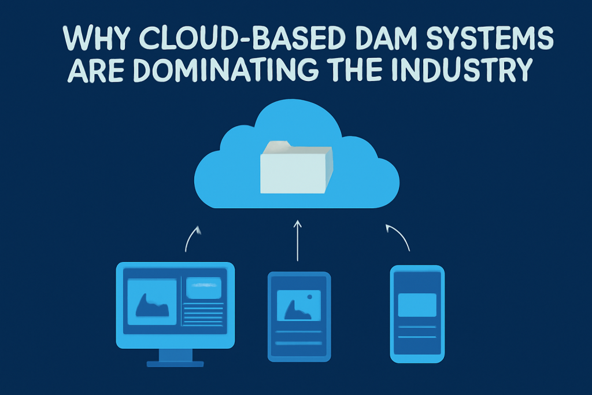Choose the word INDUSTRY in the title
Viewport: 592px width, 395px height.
coord(462,69)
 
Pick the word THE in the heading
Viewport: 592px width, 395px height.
coord(356,69)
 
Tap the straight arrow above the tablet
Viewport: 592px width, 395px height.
coord(298,241)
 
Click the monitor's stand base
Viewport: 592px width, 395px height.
coord(175,364)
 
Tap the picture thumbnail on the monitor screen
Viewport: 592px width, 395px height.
coord(152,302)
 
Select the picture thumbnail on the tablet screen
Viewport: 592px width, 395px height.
coord(299,305)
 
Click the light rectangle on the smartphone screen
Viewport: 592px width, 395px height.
coord(417,305)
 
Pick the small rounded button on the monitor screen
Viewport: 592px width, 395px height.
coord(203,288)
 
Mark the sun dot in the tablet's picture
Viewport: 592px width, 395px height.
coord(310,297)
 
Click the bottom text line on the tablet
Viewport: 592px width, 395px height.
coord(299,344)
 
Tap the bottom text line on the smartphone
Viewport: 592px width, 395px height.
coord(417,337)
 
